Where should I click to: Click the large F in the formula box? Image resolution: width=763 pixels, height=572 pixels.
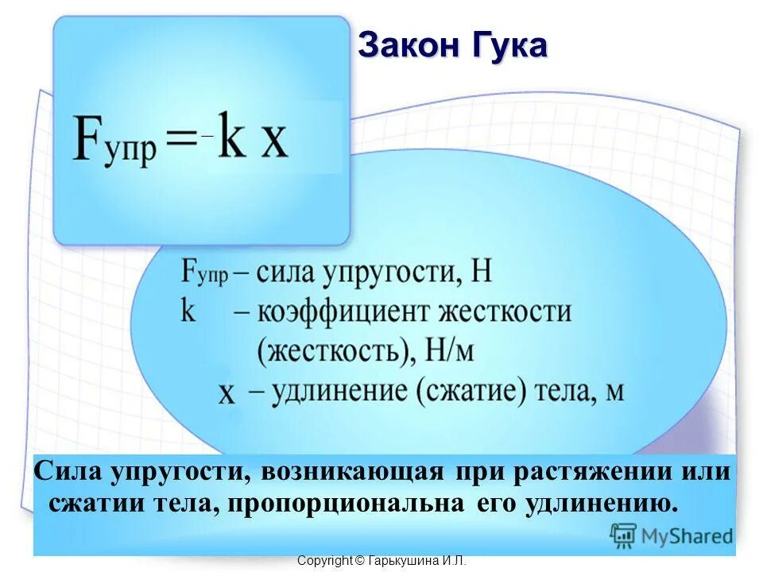pyautogui.click(x=89, y=140)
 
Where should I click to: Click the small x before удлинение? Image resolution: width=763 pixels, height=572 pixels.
pyautogui.click(x=227, y=392)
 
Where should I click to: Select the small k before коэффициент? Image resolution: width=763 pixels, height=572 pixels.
pyautogui.click(x=188, y=311)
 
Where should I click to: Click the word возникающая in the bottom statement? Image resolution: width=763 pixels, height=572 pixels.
pyautogui.click(x=351, y=471)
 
